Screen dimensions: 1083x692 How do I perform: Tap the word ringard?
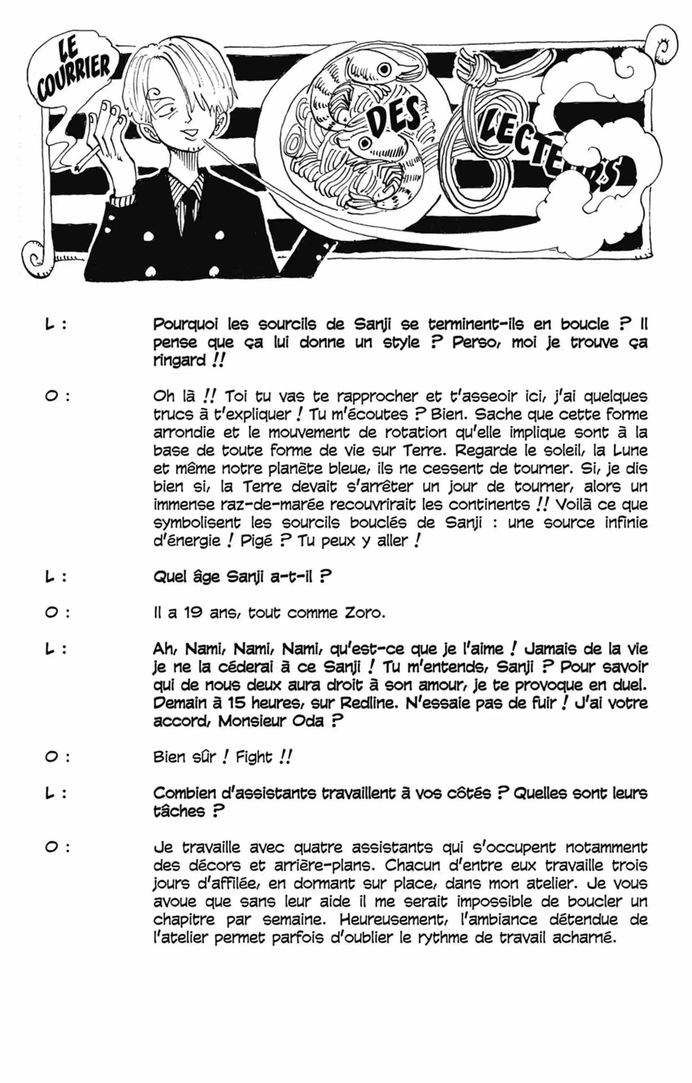click(x=179, y=361)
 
